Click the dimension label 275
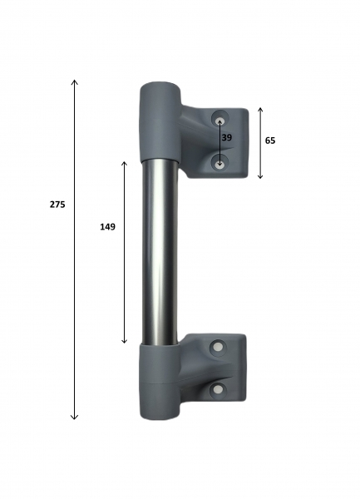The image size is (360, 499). [57, 205]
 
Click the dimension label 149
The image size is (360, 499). [107, 227]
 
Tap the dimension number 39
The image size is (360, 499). [227, 138]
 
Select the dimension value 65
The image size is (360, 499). [270, 141]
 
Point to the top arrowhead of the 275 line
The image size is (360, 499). [75, 80]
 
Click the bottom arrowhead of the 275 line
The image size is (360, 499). [74, 418]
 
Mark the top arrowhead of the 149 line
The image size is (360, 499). [125, 163]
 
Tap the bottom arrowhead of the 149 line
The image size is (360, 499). [125, 342]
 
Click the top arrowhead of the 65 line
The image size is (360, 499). [260, 109]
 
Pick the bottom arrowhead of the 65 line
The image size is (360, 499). [260, 177]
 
